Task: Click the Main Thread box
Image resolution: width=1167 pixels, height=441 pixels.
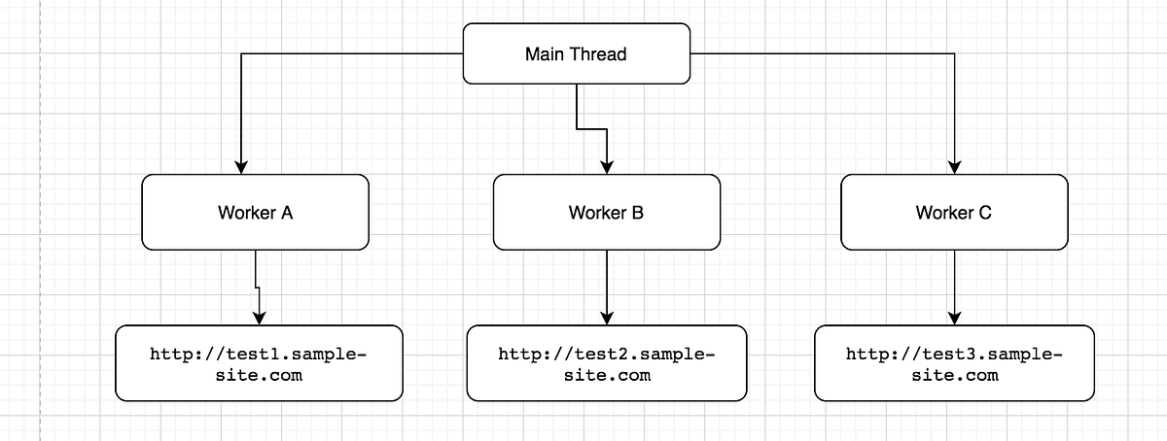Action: point(576,54)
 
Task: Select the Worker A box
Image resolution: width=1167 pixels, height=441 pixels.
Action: point(256,212)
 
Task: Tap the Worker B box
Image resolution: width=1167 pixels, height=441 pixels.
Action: point(607,212)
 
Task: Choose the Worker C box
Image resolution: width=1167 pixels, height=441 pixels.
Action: point(954,212)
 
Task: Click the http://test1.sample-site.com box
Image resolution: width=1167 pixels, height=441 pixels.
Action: point(259,363)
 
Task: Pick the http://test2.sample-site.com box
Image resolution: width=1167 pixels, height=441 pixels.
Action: point(607,363)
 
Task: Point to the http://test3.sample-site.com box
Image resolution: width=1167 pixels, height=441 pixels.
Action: point(954,363)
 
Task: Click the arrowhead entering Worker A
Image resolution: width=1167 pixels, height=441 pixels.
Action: point(239,166)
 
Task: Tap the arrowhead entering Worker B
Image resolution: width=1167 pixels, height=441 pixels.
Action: point(607,166)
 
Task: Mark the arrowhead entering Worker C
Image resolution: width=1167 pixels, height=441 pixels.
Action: point(954,166)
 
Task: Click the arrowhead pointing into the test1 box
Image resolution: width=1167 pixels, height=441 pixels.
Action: point(259,317)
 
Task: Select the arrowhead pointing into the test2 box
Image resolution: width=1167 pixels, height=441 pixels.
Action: point(607,317)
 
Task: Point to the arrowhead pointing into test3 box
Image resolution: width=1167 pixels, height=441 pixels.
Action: point(954,317)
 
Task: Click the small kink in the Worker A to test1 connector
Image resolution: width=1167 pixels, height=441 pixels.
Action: point(257,288)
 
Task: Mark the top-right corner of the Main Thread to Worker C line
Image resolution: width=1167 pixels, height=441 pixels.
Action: point(954,54)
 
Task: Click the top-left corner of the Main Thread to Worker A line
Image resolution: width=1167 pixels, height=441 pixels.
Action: point(239,54)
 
